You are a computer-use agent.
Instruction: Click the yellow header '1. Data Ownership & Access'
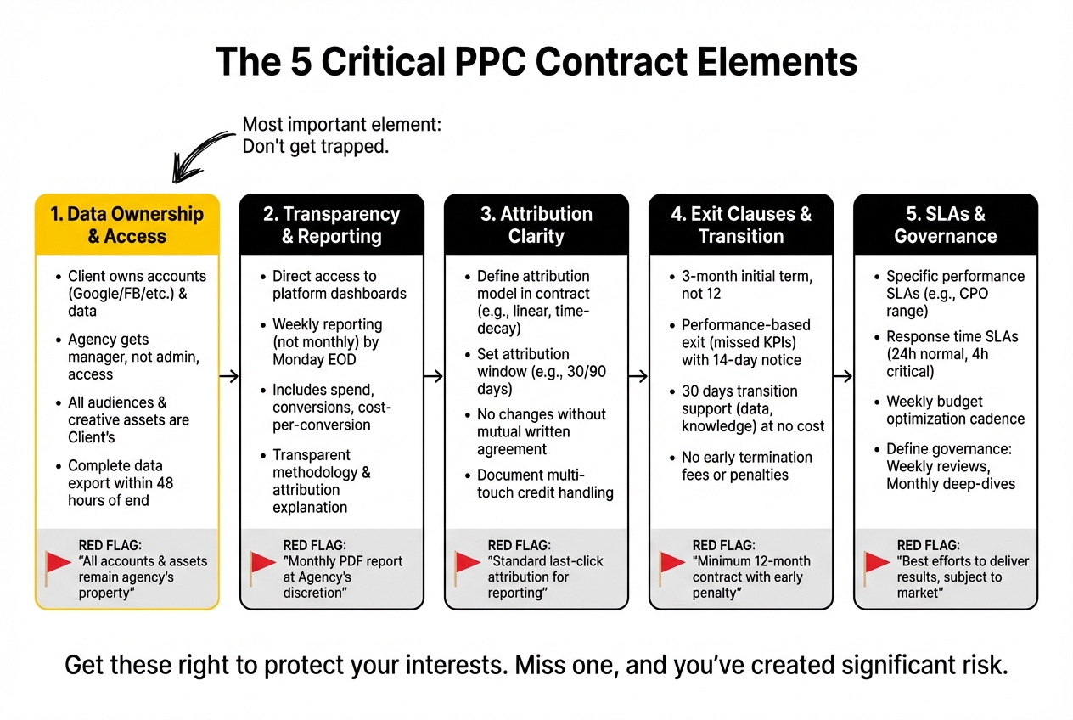tap(127, 225)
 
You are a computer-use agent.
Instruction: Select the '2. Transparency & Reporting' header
tap(331, 225)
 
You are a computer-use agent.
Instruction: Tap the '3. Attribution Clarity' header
tap(536, 225)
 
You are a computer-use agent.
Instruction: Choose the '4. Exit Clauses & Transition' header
tap(741, 225)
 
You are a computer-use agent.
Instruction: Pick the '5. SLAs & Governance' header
tap(946, 225)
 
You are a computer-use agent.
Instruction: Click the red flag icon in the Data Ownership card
tap(58, 563)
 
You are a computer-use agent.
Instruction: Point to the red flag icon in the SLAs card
tap(877, 563)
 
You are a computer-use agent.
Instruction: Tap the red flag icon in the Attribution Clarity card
tap(468, 563)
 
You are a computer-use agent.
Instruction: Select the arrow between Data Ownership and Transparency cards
tap(229, 376)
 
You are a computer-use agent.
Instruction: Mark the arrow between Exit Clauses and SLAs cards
tap(843, 376)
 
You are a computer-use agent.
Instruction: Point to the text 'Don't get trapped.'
tap(316, 146)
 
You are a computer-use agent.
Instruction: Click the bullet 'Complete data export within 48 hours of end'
tap(127, 483)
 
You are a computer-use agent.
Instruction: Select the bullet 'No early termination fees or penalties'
tap(747, 466)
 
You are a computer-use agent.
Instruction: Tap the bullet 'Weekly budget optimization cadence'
tap(955, 410)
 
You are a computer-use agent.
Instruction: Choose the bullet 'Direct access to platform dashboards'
tap(339, 285)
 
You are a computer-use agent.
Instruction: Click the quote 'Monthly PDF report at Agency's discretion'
tap(343, 577)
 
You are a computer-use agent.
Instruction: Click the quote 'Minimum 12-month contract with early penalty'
tap(751, 577)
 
